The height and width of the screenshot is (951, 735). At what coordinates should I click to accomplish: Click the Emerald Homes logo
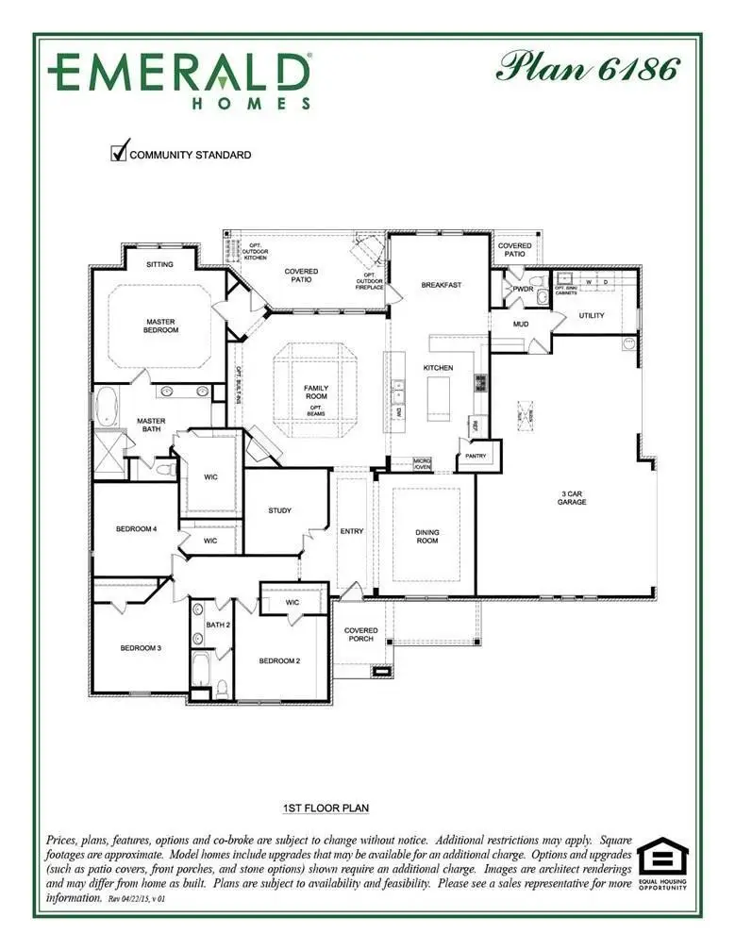(x=180, y=79)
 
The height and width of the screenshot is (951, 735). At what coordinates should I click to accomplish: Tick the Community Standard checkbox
(x=120, y=152)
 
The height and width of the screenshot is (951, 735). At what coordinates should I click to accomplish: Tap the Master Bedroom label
(x=160, y=325)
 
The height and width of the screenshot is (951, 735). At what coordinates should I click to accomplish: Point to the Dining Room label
(x=427, y=537)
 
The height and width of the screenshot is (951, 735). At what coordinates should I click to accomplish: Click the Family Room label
(x=315, y=392)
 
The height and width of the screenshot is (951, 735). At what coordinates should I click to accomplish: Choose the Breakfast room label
(x=441, y=284)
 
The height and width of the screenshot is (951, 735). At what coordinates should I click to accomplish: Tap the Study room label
(x=279, y=510)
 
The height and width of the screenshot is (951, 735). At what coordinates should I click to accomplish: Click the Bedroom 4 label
(x=136, y=528)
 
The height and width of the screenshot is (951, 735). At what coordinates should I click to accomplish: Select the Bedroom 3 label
(x=141, y=648)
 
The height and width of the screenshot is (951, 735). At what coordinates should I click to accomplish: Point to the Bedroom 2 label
(x=279, y=660)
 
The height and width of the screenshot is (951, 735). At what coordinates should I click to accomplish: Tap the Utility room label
(x=592, y=315)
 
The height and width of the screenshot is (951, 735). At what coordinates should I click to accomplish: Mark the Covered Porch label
(x=360, y=634)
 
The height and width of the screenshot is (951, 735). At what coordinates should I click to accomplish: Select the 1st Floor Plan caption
(x=326, y=809)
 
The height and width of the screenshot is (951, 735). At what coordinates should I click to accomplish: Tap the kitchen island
(x=439, y=396)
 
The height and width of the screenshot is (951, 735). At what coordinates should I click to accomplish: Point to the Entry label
(x=352, y=531)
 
